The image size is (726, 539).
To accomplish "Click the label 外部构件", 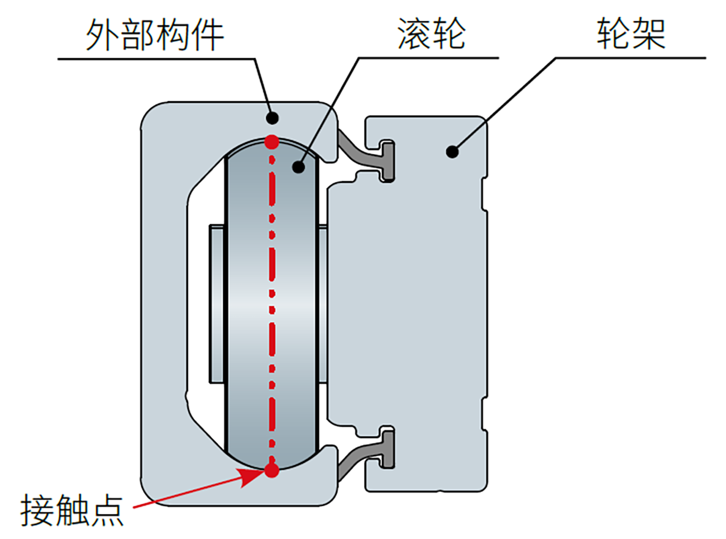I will click(155, 35).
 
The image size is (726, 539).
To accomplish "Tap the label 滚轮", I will click(431, 34).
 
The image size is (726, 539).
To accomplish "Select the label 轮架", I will click(631, 34).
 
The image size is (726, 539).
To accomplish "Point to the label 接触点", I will click(71, 510).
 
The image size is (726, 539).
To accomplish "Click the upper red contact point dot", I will click(272, 141).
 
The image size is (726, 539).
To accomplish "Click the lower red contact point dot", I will click(272, 470).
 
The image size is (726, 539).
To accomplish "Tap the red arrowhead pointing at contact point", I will click(251, 477).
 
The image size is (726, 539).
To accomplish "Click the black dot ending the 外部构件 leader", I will click(272, 117).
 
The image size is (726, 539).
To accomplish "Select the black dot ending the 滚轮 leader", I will click(299, 166).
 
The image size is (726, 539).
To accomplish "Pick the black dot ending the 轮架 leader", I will click(452, 151).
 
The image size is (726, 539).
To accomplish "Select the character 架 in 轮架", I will click(648, 34).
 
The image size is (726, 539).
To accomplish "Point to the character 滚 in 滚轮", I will click(414, 34).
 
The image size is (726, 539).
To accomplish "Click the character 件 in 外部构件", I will click(207, 35).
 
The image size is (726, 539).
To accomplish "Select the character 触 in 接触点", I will click(71, 510).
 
